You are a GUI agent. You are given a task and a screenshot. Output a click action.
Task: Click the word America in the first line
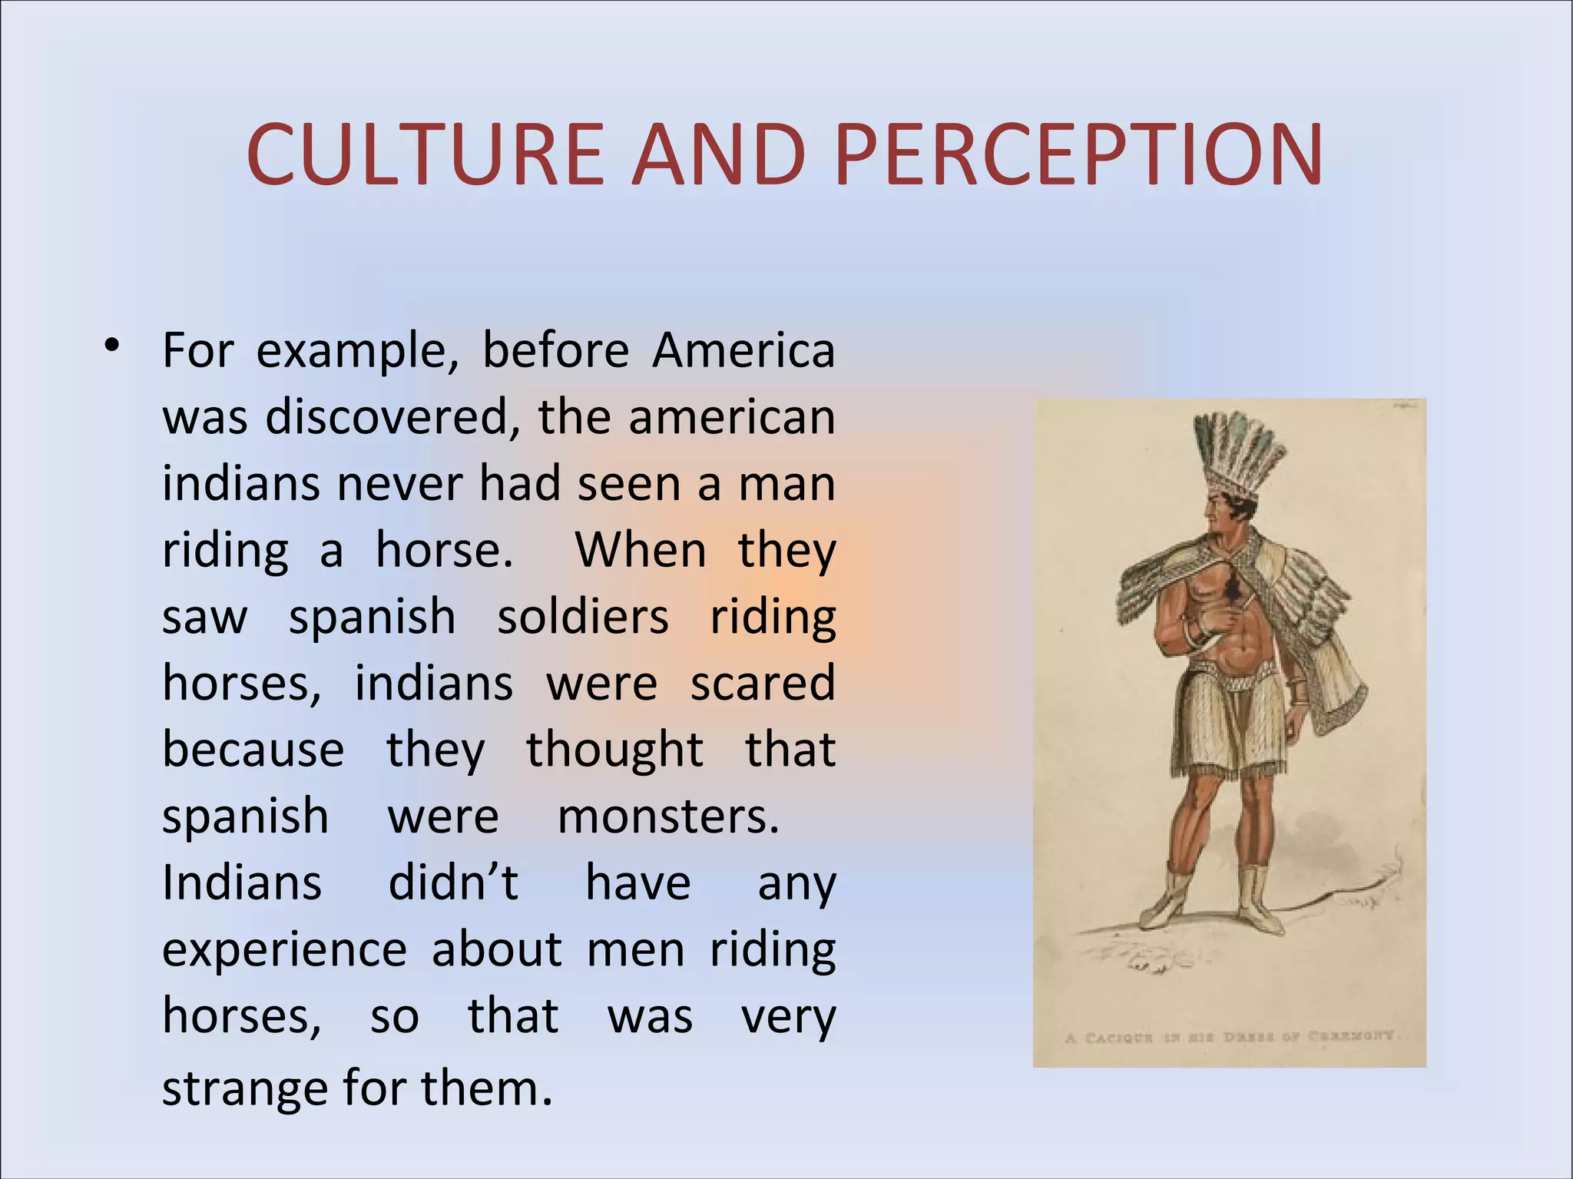743,350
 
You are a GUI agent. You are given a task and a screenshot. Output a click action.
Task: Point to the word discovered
387,417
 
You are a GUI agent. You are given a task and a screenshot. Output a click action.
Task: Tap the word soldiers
583,617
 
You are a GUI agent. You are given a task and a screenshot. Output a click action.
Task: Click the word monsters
667,816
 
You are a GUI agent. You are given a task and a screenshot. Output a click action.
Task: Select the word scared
762,683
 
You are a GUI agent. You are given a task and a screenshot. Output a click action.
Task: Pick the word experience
284,951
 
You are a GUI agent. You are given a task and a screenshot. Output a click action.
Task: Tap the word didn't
453,883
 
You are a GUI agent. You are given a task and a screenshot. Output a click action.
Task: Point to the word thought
614,750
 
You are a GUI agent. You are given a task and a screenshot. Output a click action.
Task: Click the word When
641,550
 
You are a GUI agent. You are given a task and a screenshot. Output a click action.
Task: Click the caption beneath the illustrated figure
1229,1036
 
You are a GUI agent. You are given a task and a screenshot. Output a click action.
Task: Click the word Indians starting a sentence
242,883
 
